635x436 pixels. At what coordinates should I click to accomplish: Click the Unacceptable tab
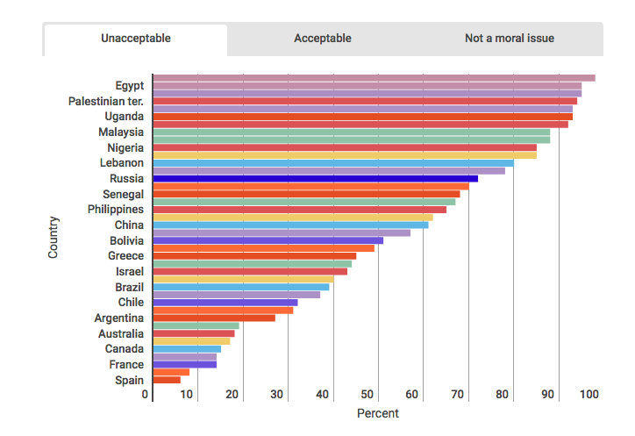(135, 39)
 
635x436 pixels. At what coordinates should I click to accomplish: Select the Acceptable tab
(322, 39)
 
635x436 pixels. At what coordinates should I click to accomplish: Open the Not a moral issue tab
(509, 39)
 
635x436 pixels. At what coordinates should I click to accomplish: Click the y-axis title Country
(54, 237)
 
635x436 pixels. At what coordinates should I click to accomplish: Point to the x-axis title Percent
(378, 413)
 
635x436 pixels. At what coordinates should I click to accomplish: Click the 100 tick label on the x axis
(589, 395)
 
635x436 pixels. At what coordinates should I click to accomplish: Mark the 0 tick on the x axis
(146, 395)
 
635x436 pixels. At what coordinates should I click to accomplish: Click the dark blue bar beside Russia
(315, 178)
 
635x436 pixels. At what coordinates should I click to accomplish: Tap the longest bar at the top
(374, 78)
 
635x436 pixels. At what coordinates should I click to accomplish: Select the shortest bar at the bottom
(167, 380)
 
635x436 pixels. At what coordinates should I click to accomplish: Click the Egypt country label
(129, 85)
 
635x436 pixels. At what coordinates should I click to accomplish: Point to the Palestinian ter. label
(106, 101)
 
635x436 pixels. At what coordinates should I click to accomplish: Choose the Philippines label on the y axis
(116, 209)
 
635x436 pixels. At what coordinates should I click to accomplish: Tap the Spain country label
(129, 380)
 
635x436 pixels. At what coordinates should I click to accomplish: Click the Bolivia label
(126, 240)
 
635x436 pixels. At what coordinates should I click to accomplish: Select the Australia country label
(121, 333)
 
